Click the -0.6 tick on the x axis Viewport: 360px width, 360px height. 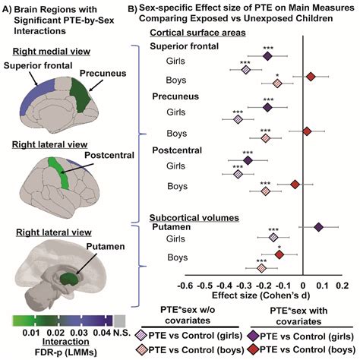184,286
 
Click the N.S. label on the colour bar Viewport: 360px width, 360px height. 122,331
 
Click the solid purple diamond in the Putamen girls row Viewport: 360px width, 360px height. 318,226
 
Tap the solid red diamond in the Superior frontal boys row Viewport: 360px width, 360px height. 311,76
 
